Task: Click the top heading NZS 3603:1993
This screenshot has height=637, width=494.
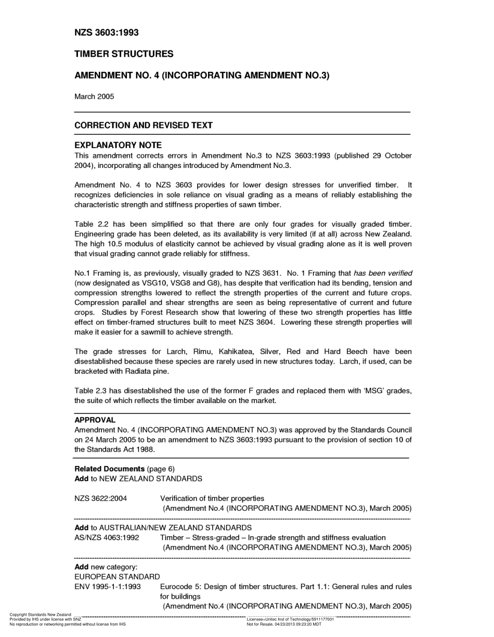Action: tap(107, 33)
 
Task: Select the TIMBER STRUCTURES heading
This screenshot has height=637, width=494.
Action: tap(124, 54)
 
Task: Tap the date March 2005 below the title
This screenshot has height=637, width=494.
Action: tap(94, 96)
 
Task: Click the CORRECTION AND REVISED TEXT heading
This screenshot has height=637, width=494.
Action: tap(144, 125)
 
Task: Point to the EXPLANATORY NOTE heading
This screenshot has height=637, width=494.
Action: tap(118, 145)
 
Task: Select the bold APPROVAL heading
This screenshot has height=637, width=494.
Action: tap(95, 420)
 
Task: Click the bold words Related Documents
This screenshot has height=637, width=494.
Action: tap(110, 469)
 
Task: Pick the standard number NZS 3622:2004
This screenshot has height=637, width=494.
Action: tap(101, 498)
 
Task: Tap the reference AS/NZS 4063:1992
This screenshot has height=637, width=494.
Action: tap(107, 537)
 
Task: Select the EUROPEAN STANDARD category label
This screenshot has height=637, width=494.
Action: tap(117, 577)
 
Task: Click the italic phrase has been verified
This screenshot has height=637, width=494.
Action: tap(383, 273)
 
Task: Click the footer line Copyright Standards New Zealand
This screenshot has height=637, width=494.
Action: tap(41, 615)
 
